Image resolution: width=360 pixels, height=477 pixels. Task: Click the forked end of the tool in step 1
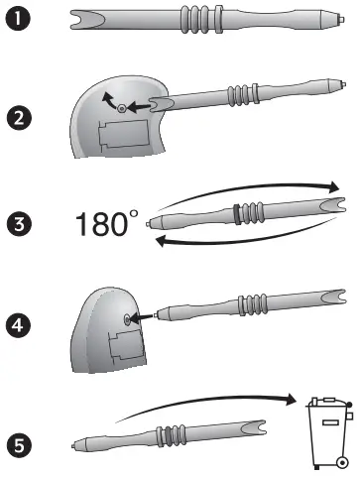(x=82, y=19)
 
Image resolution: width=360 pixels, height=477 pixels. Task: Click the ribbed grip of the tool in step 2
(x=241, y=96)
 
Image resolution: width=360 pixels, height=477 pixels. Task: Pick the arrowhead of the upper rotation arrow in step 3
(x=331, y=187)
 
